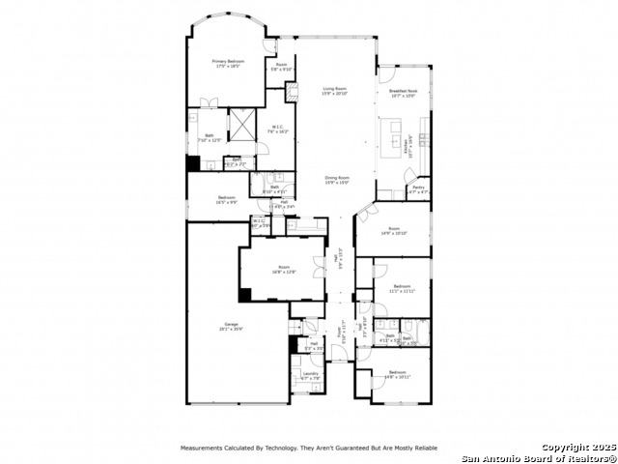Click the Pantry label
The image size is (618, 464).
[x=418, y=190]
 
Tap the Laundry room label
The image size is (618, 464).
[x=310, y=375]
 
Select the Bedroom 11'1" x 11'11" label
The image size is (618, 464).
[x=401, y=288]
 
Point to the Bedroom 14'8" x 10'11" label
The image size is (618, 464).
[x=398, y=374]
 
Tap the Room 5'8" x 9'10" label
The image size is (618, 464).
[x=281, y=67]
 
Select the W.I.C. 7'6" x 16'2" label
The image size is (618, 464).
[x=277, y=129]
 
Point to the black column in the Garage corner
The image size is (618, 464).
[x=245, y=295]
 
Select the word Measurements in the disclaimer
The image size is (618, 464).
[x=206, y=449]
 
